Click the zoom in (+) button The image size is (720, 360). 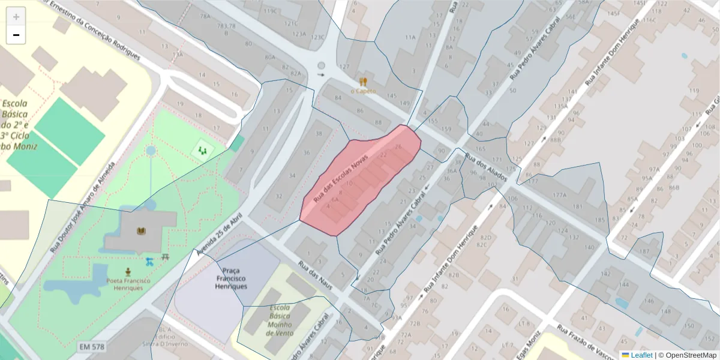(16, 16)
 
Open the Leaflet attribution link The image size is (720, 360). (641, 355)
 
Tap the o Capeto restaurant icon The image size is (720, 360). (362, 81)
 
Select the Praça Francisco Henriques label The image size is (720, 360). (231, 278)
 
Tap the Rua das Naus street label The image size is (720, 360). (315, 275)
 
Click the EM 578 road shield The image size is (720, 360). (91, 347)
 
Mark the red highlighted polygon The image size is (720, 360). (360, 180)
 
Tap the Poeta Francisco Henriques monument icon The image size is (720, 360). (127, 271)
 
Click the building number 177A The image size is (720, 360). (559, 195)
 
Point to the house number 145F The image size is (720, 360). (613, 13)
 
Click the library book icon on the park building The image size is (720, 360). (142, 231)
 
